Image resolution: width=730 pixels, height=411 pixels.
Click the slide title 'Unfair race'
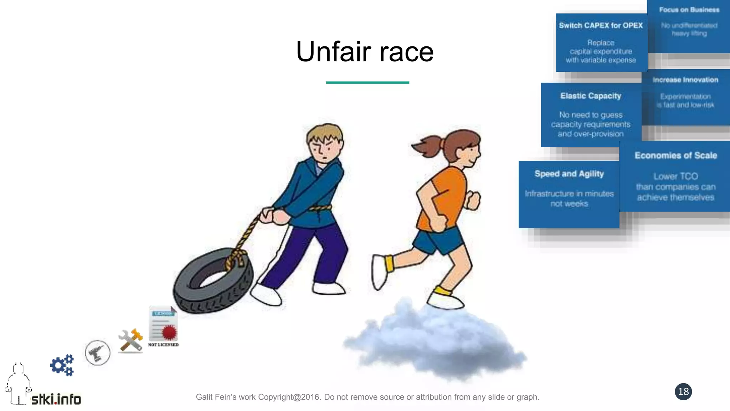pyautogui.click(x=365, y=52)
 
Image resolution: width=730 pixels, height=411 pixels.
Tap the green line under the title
pyautogui.click(x=367, y=82)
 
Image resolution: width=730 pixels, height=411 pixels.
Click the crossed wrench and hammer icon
pyautogui.click(x=130, y=341)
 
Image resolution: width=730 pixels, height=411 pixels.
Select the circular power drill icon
pyautogui.click(x=97, y=353)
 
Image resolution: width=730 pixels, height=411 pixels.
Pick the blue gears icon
pyautogui.click(x=62, y=365)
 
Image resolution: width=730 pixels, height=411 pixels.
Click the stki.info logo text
pyautogui.click(x=56, y=399)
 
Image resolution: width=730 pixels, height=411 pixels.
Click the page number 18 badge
pyautogui.click(x=683, y=392)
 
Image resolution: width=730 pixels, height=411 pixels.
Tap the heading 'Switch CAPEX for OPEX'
pyautogui.click(x=601, y=26)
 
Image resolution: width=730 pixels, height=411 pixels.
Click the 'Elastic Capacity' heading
pyautogui.click(x=590, y=96)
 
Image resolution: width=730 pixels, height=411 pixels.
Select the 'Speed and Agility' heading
pyautogui.click(x=569, y=174)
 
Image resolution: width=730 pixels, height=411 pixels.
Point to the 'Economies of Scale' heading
pyautogui.click(x=675, y=156)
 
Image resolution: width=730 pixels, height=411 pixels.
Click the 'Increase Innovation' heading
pyautogui.click(x=685, y=80)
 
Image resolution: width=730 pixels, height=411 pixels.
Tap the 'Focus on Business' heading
pyautogui.click(x=689, y=10)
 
